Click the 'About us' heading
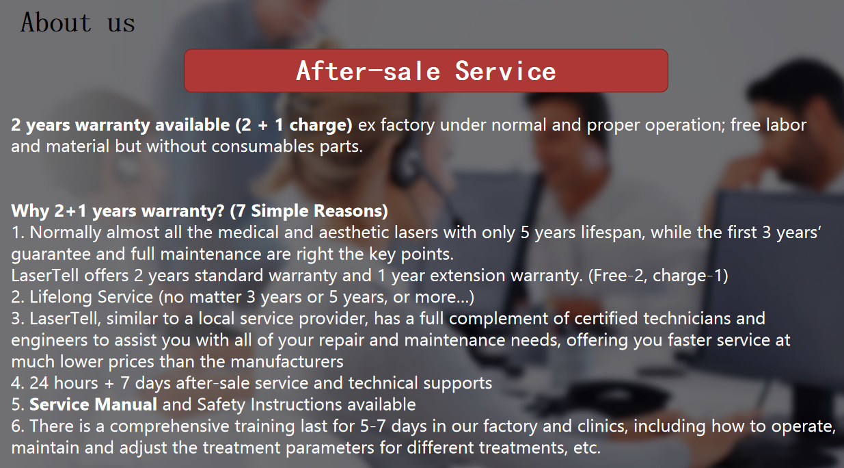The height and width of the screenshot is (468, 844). click(x=78, y=23)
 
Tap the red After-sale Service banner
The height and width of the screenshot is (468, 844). click(x=426, y=70)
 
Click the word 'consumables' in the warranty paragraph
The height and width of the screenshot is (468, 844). click(x=262, y=146)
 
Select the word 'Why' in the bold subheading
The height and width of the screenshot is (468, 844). click(x=30, y=211)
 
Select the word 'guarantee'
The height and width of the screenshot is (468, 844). click(x=51, y=254)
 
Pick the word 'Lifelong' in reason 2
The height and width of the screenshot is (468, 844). click(x=61, y=297)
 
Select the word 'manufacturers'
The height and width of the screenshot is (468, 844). click(x=287, y=362)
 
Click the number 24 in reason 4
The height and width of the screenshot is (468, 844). click(x=39, y=383)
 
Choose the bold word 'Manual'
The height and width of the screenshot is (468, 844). click(x=126, y=404)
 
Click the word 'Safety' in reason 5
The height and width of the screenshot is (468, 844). click(x=221, y=404)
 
